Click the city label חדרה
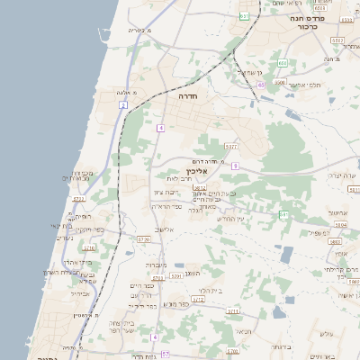click(x=187, y=94)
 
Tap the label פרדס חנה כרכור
click(x=307, y=22)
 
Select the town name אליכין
click(x=196, y=170)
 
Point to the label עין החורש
click(x=231, y=219)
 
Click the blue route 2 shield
click(x=122, y=105)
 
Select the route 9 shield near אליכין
click(x=235, y=166)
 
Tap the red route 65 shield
click(x=260, y=85)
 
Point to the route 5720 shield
click(x=143, y=238)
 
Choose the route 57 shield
click(x=166, y=355)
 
